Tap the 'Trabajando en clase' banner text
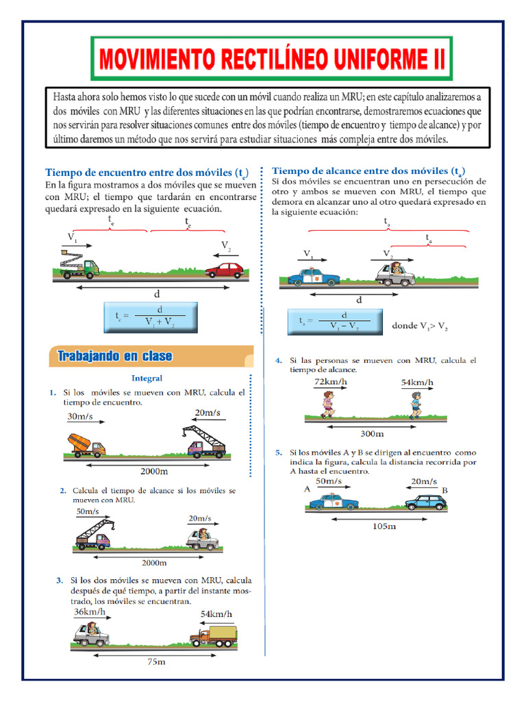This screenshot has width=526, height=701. point(114,356)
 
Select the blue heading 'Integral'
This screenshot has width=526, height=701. point(147,378)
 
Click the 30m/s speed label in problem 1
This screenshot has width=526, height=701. point(82,416)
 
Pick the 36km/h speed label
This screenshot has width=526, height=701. point(90,611)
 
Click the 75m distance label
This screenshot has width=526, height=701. point(157,662)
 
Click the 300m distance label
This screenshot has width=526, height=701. point(371,433)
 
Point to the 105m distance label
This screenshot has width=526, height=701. point(384,526)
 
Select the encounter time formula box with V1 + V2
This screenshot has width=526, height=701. point(150,317)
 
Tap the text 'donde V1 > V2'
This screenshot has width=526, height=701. point(420,327)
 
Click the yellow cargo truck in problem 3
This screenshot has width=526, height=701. point(214,636)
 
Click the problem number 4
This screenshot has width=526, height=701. point(279,360)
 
